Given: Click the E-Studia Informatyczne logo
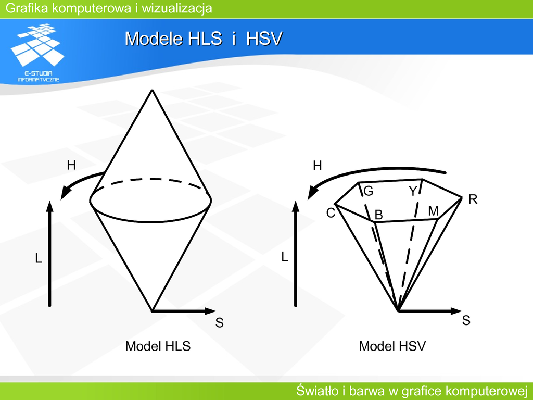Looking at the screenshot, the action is [x=37, y=53].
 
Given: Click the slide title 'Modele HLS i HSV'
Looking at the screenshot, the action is [x=204, y=39].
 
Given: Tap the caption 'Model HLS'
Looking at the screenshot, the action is [x=158, y=346].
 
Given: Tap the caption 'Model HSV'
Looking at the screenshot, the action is [x=392, y=346].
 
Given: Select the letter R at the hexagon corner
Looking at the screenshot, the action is [x=473, y=199].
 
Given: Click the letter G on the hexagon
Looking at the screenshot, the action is [x=369, y=191].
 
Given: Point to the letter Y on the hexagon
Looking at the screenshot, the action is [x=413, y=192].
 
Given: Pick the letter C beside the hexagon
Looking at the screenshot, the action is [x=331, y=213].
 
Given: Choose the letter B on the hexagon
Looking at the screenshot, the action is [x=379, y=215].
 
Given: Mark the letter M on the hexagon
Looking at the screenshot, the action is [x=434, y=211].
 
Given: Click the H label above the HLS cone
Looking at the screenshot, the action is [x=71, y=165].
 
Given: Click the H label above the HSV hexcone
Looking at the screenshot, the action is [x=317, y=166].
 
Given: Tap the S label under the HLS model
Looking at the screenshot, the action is [x=219, y=322].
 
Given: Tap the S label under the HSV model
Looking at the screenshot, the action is [x=466, y=320].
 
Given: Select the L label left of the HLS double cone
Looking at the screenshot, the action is [x=39, y=258].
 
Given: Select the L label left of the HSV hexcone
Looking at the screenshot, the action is [x=285, y=257].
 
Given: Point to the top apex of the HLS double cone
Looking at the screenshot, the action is [x=152, y=90].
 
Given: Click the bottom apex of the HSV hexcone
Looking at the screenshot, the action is [x=398, y=310].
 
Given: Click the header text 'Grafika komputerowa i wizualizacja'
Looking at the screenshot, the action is [x=109, y=8].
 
